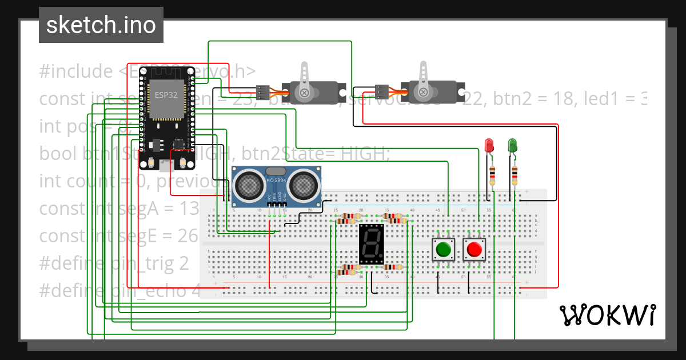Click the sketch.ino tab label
pos(101,26)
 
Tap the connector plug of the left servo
pos(263,91)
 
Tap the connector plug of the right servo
pos(382,91)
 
